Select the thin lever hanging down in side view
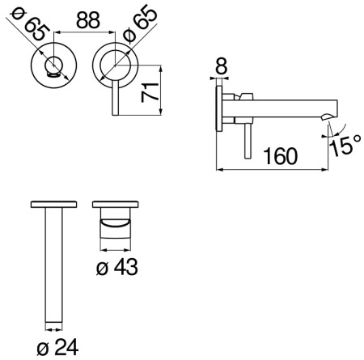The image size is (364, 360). click(x=246, y=138)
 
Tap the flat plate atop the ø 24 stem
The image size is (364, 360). click(x=53, y=204)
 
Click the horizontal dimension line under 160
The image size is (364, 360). click(x=275, y=168)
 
